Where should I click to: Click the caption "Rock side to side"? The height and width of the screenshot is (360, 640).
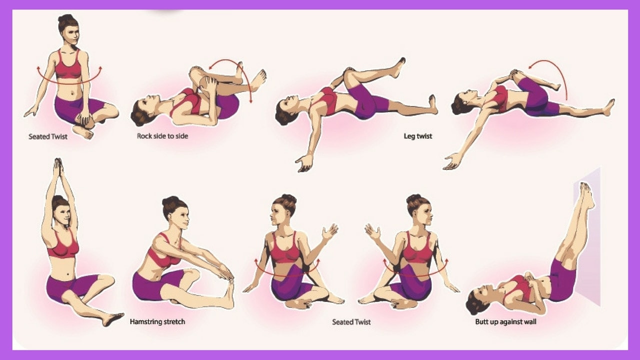point(162,136)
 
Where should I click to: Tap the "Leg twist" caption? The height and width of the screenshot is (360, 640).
point(417,136)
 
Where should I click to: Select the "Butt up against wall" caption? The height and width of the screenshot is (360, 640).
point(505,322)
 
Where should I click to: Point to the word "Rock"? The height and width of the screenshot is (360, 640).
point(144,136)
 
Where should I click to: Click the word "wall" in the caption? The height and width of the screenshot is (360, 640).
point(530,322)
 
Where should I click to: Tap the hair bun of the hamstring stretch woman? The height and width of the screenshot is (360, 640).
point(170,201)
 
